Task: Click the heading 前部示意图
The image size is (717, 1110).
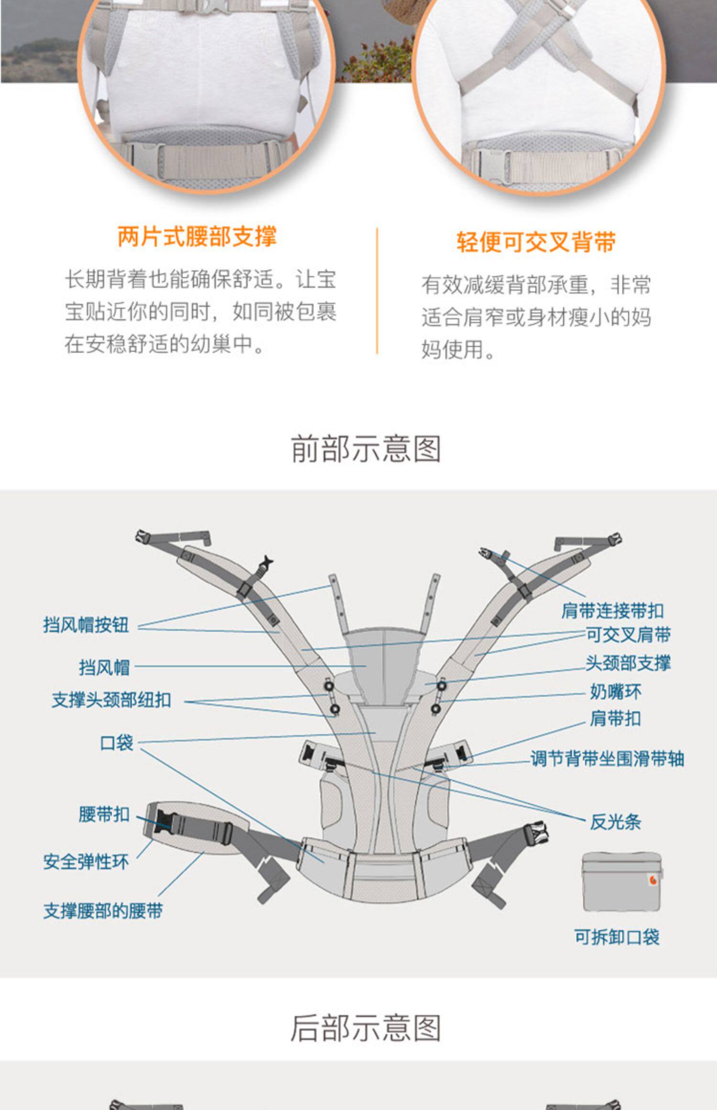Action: click(366, 449)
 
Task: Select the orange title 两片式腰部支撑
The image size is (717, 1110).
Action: click(197, 236)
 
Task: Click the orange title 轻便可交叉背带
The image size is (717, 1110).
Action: click(536, 242)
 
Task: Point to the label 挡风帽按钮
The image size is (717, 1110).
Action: click(86, 624)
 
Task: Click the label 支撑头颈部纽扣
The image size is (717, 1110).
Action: click(111, 700)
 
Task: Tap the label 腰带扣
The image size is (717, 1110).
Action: click(104, 814)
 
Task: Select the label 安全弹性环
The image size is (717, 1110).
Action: click(86, 861)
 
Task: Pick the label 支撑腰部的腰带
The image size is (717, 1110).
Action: click(103, 911)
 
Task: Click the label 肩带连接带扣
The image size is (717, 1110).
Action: click(613, 610)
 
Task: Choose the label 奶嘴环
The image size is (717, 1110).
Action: click(616, 691)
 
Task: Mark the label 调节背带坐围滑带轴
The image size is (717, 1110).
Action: click(608, 758)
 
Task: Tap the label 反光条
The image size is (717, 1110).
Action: click(616, 822)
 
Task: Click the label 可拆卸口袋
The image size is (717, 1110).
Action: click(617, 937)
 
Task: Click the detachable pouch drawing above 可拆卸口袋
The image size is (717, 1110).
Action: click(622, 882)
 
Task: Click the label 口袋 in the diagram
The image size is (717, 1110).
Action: click(117, 743)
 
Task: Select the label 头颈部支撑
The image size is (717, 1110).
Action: click(629, 663)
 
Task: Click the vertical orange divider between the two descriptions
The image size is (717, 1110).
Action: click(377, 291)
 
